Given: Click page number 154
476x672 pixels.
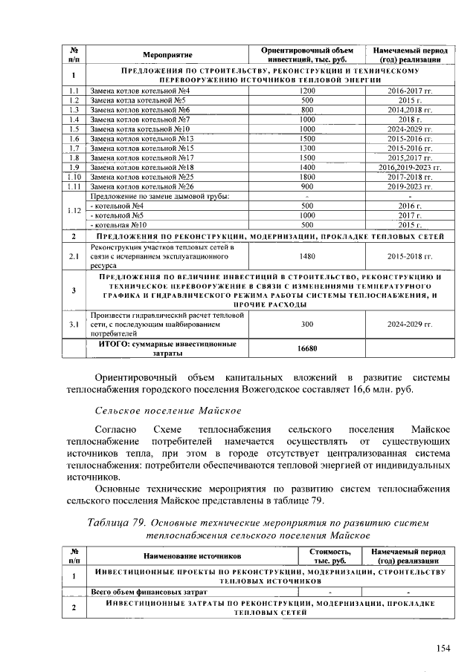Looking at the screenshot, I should [x=443, y=648].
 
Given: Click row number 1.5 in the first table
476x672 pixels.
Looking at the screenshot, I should [x=74, y=128].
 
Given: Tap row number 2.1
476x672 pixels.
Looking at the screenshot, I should [x=74, y=256].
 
